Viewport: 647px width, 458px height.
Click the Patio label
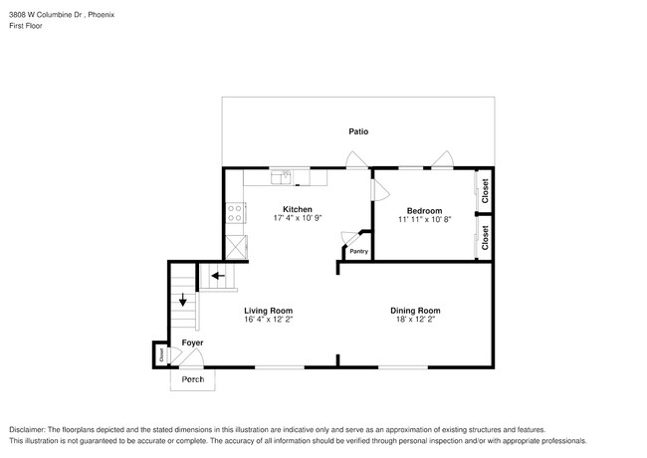[x=358, y=130]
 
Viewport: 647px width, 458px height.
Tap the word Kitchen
[x=298, y=209]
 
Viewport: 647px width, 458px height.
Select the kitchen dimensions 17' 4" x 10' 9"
[x=298, y=218]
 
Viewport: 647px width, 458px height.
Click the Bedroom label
[x=425, y=210]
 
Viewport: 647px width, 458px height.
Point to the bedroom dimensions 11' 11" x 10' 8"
[x=425, y=219]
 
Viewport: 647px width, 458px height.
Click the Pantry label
[x=358, y=251]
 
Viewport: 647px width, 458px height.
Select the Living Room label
[x=269, y=311]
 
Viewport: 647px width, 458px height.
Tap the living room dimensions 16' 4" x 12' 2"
[x=269, y=320]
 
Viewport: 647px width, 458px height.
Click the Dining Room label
[x=415, y=311]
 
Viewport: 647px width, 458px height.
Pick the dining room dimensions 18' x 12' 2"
[x=415, y=320]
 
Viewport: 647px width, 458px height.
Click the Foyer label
[x=192, y=343]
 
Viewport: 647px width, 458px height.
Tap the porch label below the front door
[x=192, y=379]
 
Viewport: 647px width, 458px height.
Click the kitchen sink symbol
[x=284, y=177]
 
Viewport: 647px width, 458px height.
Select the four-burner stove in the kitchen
[x=236, y=211]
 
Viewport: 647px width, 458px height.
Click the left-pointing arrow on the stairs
[x=216, y=276]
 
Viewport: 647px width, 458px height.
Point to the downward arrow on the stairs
[x=182, y=299]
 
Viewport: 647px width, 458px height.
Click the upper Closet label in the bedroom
[x=485, y=190]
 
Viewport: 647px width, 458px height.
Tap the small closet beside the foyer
[x=159, y=353]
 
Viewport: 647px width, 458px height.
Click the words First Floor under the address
[x=26, y=25]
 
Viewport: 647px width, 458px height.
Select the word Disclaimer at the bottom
[x=30, y=429]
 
